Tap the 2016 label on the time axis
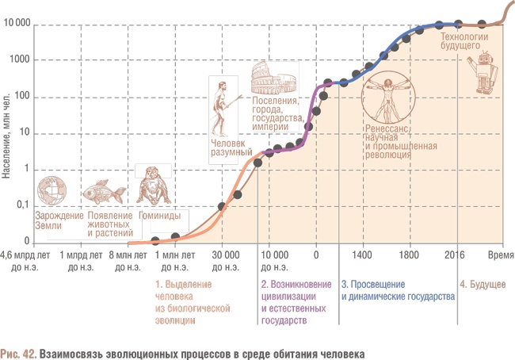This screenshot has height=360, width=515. tap(454, 255)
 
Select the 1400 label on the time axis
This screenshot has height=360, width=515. tap(362, 255)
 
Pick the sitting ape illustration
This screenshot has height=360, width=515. tap(152, 186)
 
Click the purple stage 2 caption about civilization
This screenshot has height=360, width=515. tap(292, 302)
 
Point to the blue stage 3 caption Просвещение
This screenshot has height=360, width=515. tap(397, 290)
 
